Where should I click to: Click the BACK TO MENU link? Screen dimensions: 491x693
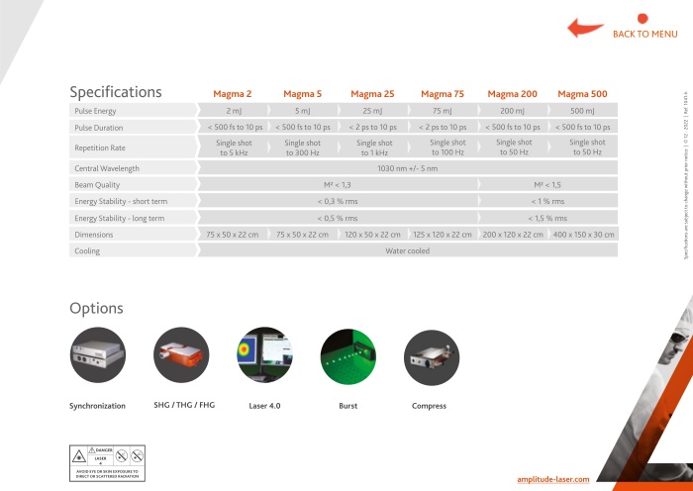pyautogui.click(x=644, y=34)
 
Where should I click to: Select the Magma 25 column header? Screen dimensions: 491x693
pyautogui.click(x=372, y=94)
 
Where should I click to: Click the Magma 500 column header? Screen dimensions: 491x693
pyautogui.click(x=583, y=94)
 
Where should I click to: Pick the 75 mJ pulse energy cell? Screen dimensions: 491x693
pyautogui.click(x=443, y=111)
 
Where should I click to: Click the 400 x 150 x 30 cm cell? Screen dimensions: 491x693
pyautogui.click(x=583, y=235)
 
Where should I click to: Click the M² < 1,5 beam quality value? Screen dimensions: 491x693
pyautogui.click(x=547, y=185)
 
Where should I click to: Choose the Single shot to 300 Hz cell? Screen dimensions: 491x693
pyautogui.click(x=303, y=147)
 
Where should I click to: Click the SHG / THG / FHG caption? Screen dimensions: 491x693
pyautogui.click(x=183, y=405)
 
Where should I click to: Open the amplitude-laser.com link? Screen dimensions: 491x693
pyautogui.click(x=553, y=479)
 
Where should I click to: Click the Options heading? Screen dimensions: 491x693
pyautogui.click(x=96, y=309)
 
